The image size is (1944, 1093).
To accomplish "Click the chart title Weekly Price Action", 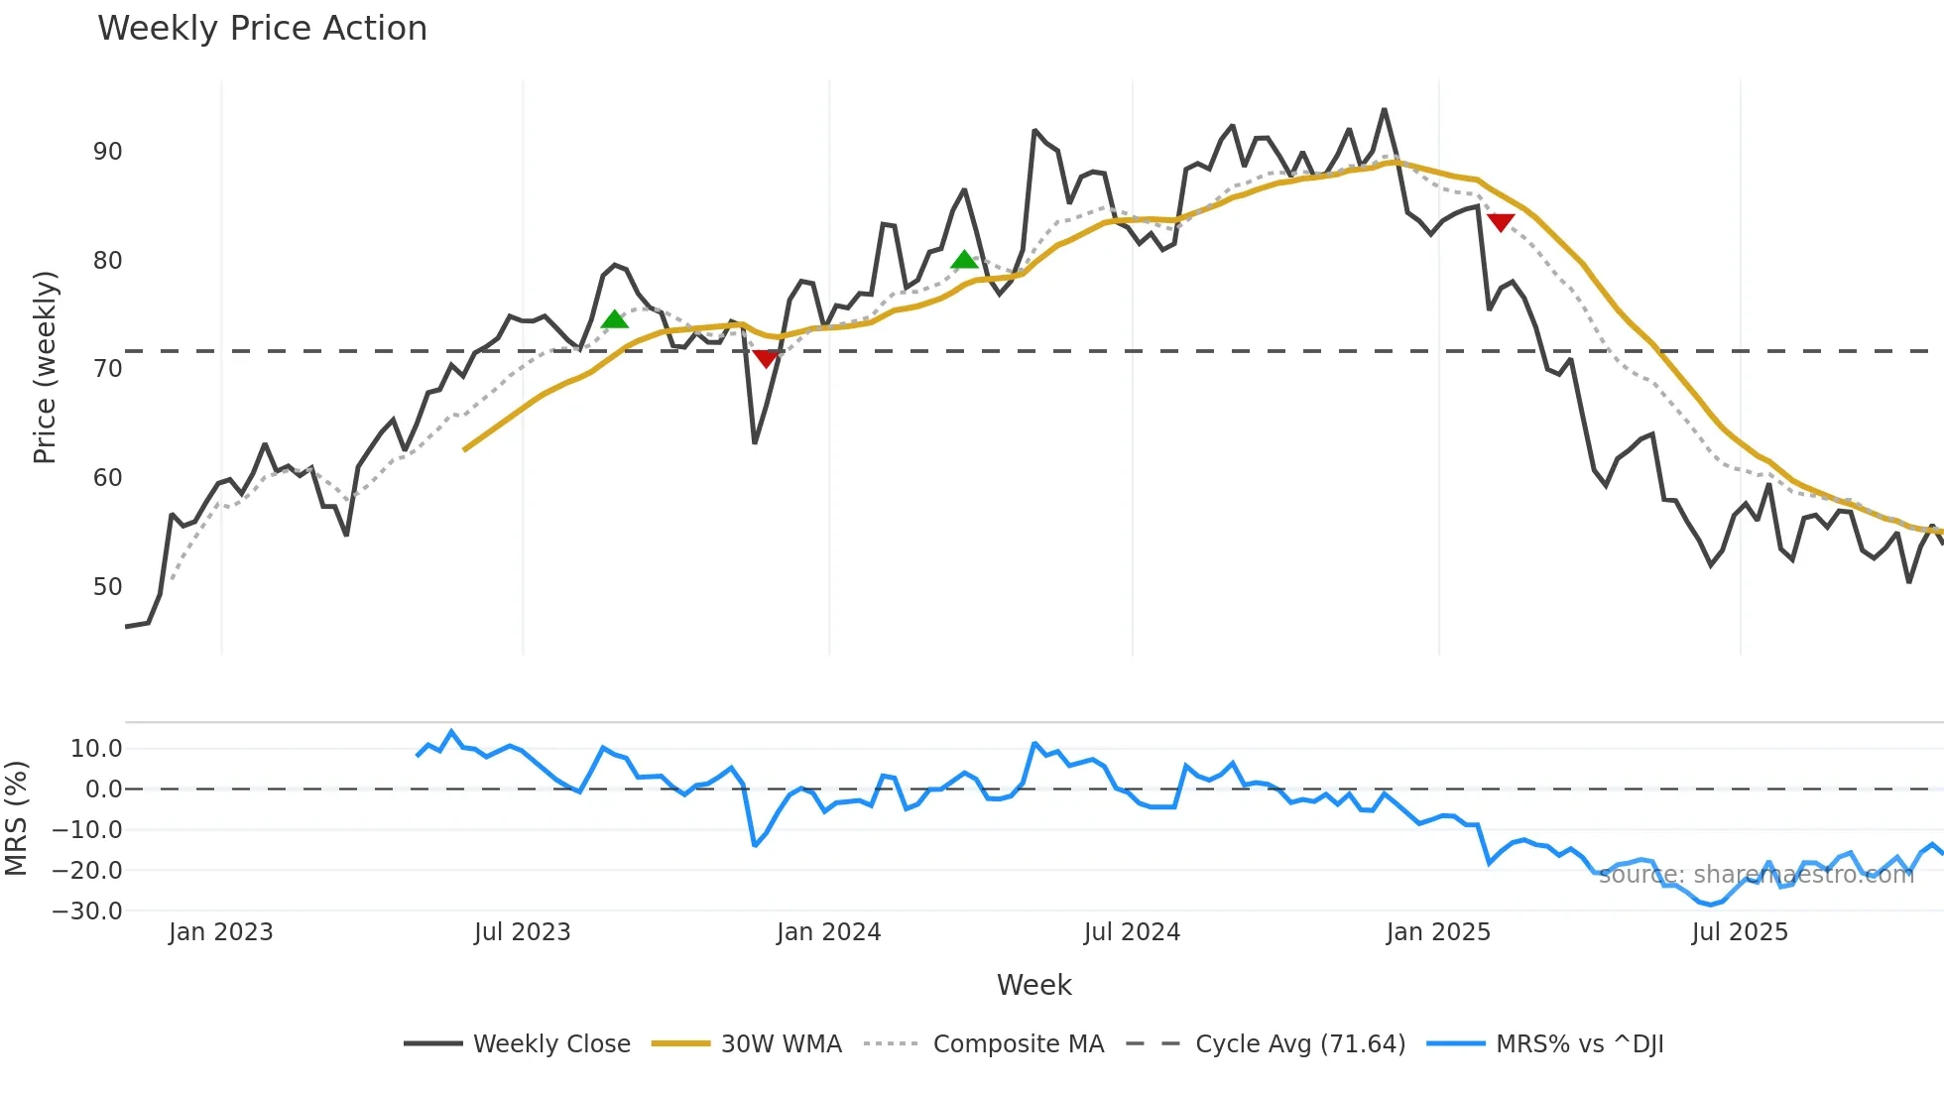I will pos(262,29).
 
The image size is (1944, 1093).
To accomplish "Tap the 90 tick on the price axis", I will pos(107,152).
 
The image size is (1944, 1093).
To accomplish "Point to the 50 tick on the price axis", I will pos(107,586).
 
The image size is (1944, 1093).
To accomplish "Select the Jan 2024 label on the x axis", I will pos(828,932).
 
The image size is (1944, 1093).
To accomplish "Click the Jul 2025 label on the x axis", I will pos(1740,932).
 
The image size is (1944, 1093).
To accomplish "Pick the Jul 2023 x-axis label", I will pos(522,932).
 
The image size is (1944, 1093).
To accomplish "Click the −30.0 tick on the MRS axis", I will pos(87,911).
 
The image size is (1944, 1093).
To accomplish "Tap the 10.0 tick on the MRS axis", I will pos(96,749).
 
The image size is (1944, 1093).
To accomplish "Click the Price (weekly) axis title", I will pos(45,367).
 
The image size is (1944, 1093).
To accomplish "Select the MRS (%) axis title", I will pos(16,818).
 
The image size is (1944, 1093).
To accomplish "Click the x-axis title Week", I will pos(1033,985).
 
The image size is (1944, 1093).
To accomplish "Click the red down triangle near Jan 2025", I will pos(1501,222).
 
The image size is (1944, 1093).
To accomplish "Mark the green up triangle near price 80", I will pos(964,261).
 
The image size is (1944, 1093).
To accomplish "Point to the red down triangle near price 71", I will pos(765,358).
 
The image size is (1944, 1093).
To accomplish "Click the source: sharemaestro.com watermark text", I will pos(1756,875).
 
